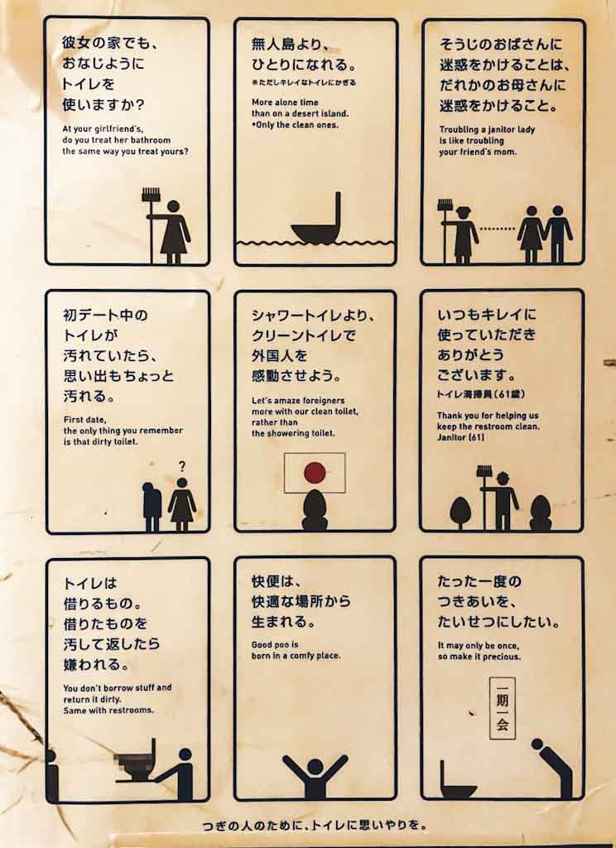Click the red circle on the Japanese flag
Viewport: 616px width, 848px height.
315,472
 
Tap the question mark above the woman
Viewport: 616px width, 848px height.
181,466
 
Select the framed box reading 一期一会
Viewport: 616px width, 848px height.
502,708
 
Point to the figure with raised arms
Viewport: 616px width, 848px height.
315,776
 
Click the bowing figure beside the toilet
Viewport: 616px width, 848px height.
551,767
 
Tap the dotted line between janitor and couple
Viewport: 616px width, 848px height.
497,229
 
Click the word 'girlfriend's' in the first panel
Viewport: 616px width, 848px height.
108,129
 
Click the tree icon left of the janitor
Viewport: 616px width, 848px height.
460,512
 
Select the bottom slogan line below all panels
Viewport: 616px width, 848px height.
315,826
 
